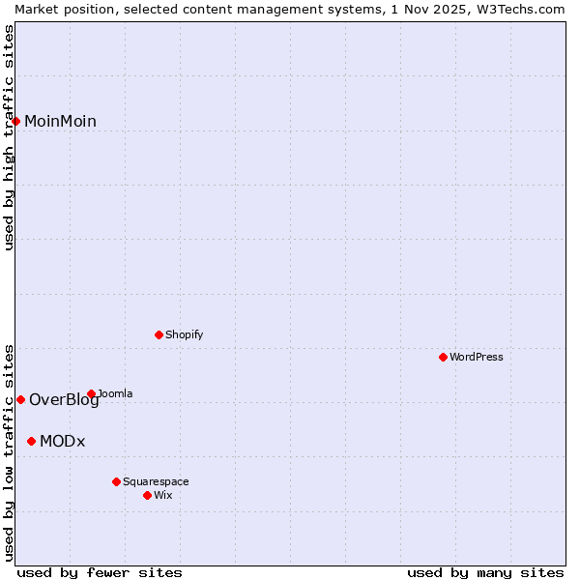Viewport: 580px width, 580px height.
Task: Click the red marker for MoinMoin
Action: pos(16,121)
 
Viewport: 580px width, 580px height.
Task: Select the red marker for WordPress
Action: pos(443,357)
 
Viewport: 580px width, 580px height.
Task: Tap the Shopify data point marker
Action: pos(159,334)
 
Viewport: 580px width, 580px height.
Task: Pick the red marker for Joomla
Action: pos(91,393)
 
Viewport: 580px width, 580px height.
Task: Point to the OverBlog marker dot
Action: pos(20,399)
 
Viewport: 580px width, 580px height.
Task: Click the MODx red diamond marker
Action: pos(31,441)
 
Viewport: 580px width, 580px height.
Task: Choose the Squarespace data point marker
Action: pos(116,481)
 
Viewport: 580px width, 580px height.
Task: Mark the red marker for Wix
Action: pos(147,495)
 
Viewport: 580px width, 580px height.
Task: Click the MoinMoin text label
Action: pos(60,121)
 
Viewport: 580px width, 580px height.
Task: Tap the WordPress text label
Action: pos(477,357)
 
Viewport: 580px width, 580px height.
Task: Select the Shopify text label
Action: pos(185,334)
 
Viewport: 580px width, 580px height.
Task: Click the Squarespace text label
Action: pos(156,481)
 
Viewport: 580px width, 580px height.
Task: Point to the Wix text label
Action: pos(163,495)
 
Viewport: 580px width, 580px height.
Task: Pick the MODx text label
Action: pos(63,441)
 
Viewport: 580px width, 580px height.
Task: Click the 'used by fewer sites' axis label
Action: pos(100,572)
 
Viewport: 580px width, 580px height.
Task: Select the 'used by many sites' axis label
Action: pos(485,572)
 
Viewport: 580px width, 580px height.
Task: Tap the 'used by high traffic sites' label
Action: pos(9,137)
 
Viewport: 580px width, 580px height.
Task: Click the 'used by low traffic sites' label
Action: pos(9,451)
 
